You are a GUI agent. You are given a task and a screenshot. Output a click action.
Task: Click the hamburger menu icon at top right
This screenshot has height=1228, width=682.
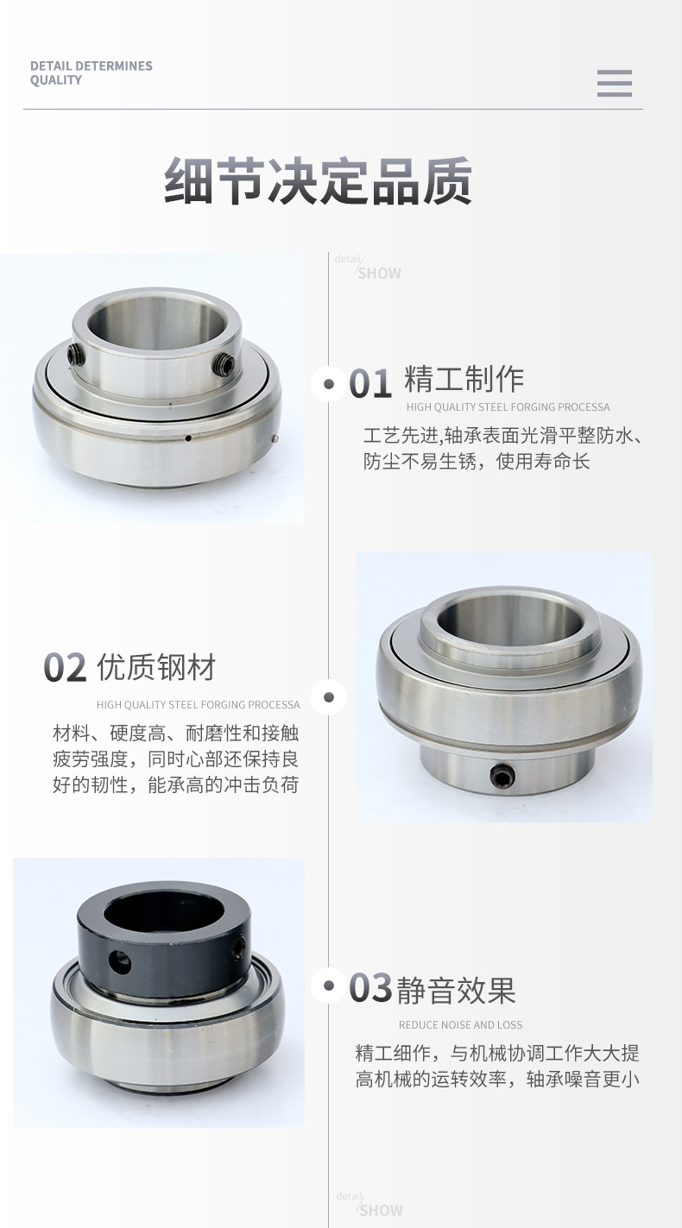[614, 83]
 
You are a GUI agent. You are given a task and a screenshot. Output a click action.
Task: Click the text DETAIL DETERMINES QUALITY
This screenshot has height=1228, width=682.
[91, 72]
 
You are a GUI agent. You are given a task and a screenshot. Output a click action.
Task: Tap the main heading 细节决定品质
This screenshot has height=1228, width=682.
[319, 181]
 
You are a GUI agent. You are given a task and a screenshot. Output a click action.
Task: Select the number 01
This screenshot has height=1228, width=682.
[370, 383]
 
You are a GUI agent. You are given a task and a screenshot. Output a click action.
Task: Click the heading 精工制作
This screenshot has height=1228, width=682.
[464, 380]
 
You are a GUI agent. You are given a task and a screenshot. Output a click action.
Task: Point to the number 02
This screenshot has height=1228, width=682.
[66, 668]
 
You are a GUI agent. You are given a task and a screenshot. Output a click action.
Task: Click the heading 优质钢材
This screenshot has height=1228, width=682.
[156, 667]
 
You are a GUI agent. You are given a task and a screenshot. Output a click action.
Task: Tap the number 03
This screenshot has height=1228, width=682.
[370, 988]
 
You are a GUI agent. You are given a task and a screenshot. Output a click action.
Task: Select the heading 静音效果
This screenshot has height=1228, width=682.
[456, 990]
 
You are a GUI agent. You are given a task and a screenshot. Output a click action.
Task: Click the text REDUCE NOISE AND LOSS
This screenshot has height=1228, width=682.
[460, 1025]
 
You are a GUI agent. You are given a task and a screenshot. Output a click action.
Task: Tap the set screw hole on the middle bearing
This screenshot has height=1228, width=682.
[502, 777]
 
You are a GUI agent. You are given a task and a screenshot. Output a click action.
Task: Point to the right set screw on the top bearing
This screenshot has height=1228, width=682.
[224, 365]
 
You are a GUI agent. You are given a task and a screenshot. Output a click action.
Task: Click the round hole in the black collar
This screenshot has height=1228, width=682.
[120, 962]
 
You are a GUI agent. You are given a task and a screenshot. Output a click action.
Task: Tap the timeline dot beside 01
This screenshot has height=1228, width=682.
[328, 383]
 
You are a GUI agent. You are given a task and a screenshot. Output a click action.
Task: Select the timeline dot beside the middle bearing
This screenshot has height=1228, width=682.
[328, 696]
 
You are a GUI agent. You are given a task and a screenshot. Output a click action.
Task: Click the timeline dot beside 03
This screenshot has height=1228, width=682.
[328, 985]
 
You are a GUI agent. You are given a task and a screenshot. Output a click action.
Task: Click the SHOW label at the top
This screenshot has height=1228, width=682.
[379, 274]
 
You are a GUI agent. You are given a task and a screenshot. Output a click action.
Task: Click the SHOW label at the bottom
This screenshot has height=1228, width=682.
[380, 1210]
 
